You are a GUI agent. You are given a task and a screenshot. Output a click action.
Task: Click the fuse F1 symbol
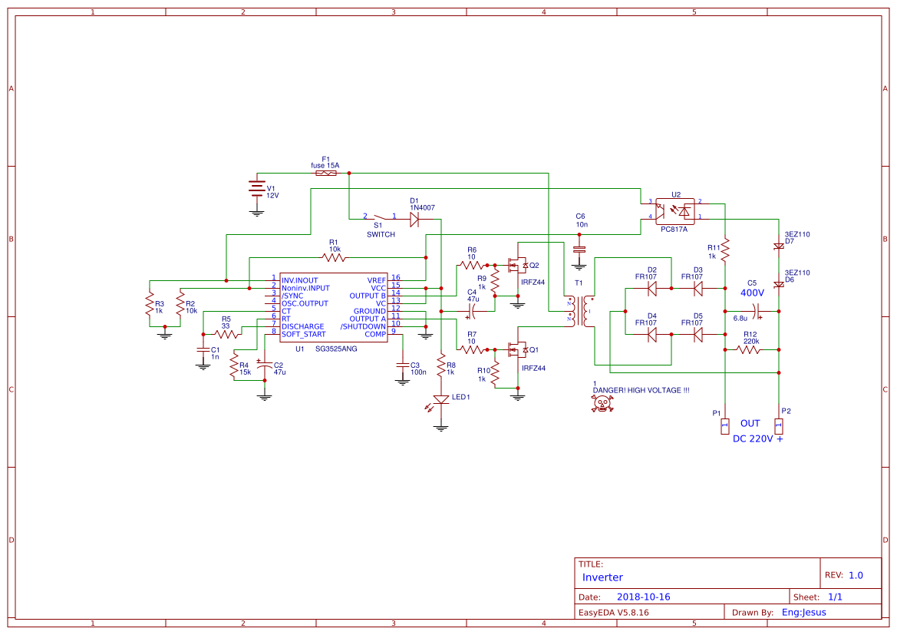tap(325, 174)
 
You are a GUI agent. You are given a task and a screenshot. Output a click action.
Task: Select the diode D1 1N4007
tap(414, 219)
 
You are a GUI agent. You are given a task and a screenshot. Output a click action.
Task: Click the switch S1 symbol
tap(380, 218)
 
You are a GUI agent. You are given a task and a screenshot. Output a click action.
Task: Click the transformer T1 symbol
tap(580, 310)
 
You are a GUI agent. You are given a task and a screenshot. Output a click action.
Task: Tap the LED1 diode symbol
tap(441, 399)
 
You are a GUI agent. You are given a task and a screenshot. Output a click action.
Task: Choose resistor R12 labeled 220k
tap(748, 349)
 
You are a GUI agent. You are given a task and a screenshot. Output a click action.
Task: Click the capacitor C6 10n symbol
tap(580, 249)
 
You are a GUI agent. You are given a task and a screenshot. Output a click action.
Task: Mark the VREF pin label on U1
tap(376, 280)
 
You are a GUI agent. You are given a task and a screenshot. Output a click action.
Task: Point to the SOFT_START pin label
tap(303, 334)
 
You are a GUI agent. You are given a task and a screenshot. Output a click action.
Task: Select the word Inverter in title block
tap(602, 577)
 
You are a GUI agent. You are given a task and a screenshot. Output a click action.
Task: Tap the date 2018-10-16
tap(643, 597)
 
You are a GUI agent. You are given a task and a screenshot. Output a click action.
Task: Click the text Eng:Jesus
tap(803, 612)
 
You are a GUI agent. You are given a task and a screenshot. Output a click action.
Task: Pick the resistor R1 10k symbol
tap(335, 257)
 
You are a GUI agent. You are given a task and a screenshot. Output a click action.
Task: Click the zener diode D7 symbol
tap(779, 246)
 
